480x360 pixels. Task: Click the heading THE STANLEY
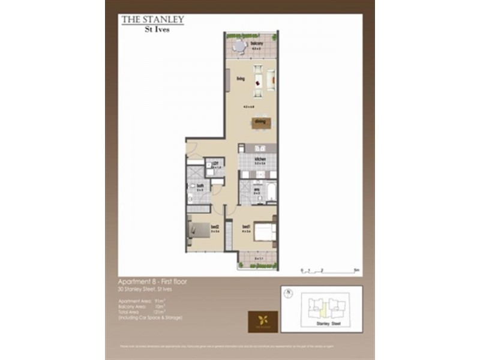[x=152, y=20]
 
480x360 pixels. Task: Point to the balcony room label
[x=258, y=43]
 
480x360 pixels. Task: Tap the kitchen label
[x=259, y=158]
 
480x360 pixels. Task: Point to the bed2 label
[x=214, y=226]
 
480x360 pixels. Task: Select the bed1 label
[x=245, y=226]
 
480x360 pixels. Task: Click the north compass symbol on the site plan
[x=288, y=294]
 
